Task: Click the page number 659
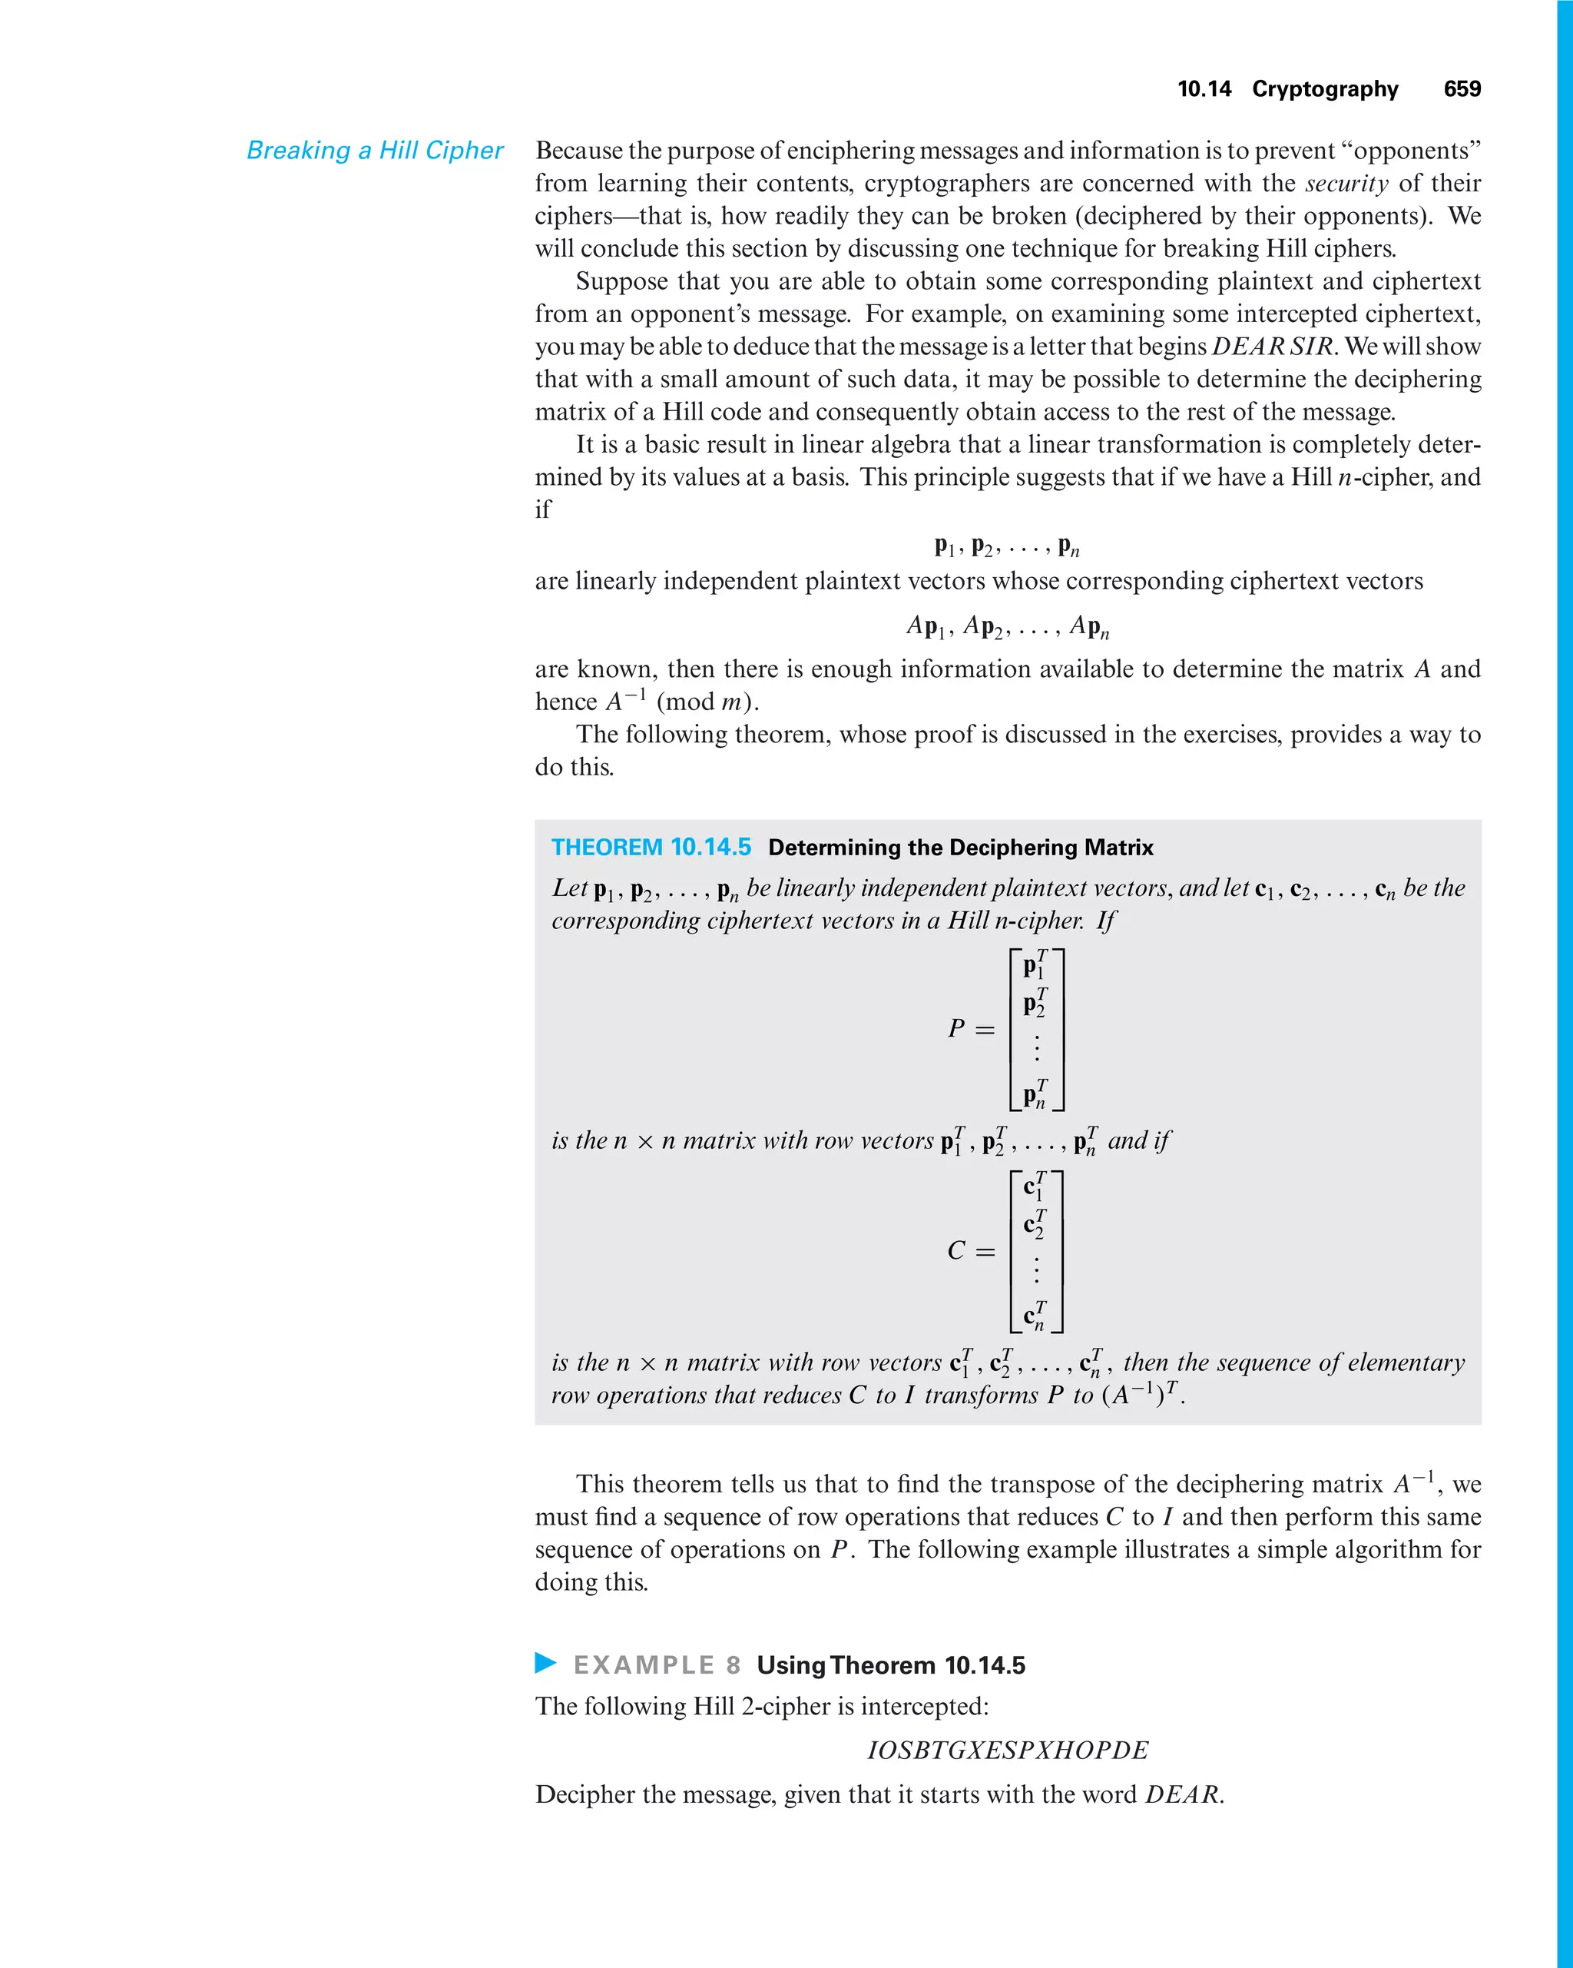pyautogui.click(x=1462, y=88)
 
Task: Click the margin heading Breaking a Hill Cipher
pyautogui.click(x=374, y=151)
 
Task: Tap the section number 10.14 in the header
pyautogui.click(x=1204, y=88)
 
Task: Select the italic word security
pyautogui.click(x=1346, y=184)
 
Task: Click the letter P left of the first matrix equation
pyautogui.click(x=956, y=1029)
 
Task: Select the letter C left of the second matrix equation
pyautogui.click(x=956, y=1250)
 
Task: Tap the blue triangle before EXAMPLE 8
pyautogui.click(x=545, y=1662)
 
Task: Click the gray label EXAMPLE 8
pyautogui.click(x=657, y=1665)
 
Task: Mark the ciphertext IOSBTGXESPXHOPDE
pyautogui.click(x=1007, y=1750)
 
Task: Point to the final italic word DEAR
pyautogui.click(x=1183, y=1794)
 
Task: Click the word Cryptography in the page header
pyautogui.click(x=1325, y=88)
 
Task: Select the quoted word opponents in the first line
pyautogui.click(x=1412, y=151)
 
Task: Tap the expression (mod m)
pyautogui.click(x=707, y=702)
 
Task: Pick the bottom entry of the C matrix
pyautogui.click(x=1035, y=1316)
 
